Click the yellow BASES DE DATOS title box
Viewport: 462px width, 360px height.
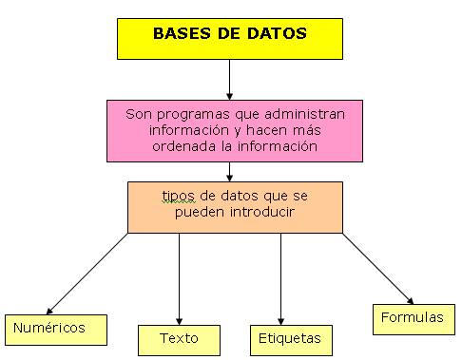point(229,36)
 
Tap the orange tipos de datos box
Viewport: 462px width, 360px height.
point(235,206)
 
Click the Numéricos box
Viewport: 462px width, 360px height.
point(54,329)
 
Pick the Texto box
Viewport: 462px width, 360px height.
point(179,338)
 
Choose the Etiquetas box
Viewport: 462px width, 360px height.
point(289,338)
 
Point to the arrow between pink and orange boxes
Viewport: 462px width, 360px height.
point(229,171)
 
